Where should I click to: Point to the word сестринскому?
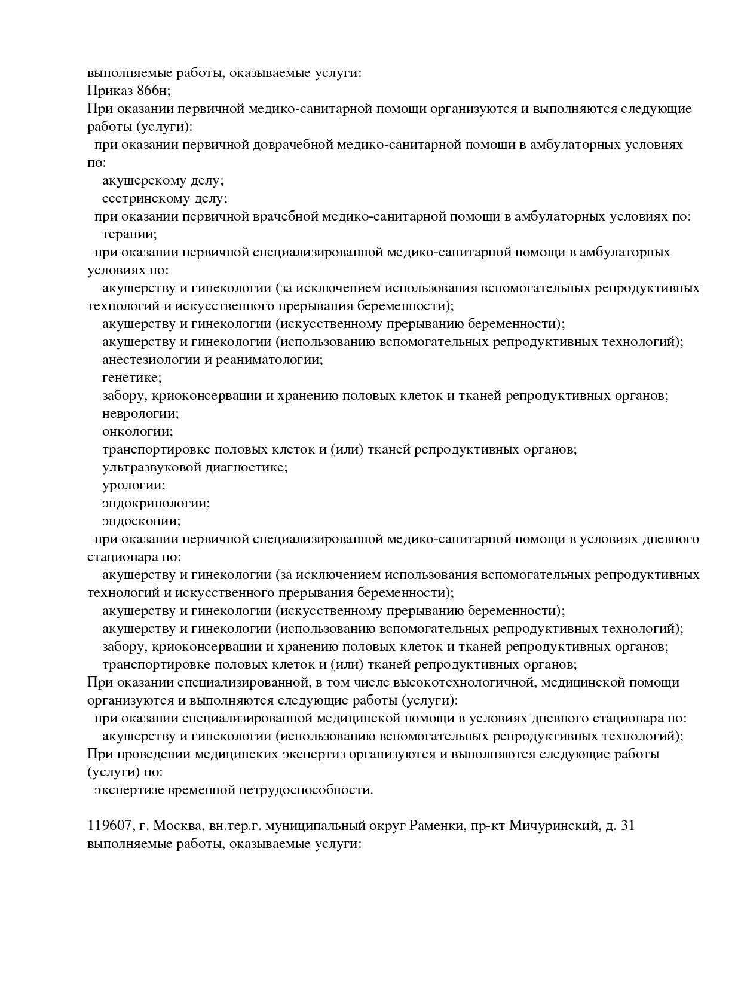(142, 198)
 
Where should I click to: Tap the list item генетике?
(131, 378)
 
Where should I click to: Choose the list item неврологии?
(140, 414)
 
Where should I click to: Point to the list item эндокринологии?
(156, 503)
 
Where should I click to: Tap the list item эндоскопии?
(141, 521)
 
